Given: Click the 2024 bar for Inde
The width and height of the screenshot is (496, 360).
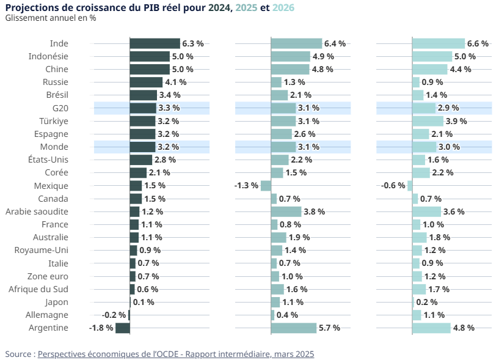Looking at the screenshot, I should [155, 43].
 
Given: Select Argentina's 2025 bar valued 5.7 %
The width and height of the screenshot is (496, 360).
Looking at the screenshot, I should [294, 328].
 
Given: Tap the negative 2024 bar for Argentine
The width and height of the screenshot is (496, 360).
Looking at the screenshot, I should [123, 328].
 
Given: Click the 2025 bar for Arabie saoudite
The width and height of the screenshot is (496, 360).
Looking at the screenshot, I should [286, 211].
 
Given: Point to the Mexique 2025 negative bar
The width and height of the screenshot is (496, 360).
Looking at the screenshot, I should [266, 186].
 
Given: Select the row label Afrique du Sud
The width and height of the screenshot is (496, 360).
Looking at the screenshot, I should [38, 289].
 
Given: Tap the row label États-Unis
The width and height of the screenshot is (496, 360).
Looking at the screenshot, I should [48, 160].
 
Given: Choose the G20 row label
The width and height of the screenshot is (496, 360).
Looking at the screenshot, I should [60, 108].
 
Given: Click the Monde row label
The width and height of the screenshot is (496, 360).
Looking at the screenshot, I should [54, 147].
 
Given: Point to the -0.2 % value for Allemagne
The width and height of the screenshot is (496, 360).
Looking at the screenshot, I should [114, 315].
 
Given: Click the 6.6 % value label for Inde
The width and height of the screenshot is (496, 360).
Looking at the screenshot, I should [478, 43].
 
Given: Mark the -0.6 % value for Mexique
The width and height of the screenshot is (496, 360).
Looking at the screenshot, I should [393, 186].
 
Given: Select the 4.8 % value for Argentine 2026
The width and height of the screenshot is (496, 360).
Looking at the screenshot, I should [464, 328].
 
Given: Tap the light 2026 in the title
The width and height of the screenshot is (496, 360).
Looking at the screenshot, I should [284, 7].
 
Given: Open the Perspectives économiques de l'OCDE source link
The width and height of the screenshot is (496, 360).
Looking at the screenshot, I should [176, 354].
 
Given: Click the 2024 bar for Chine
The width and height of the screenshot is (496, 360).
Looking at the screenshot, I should [149, 69].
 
